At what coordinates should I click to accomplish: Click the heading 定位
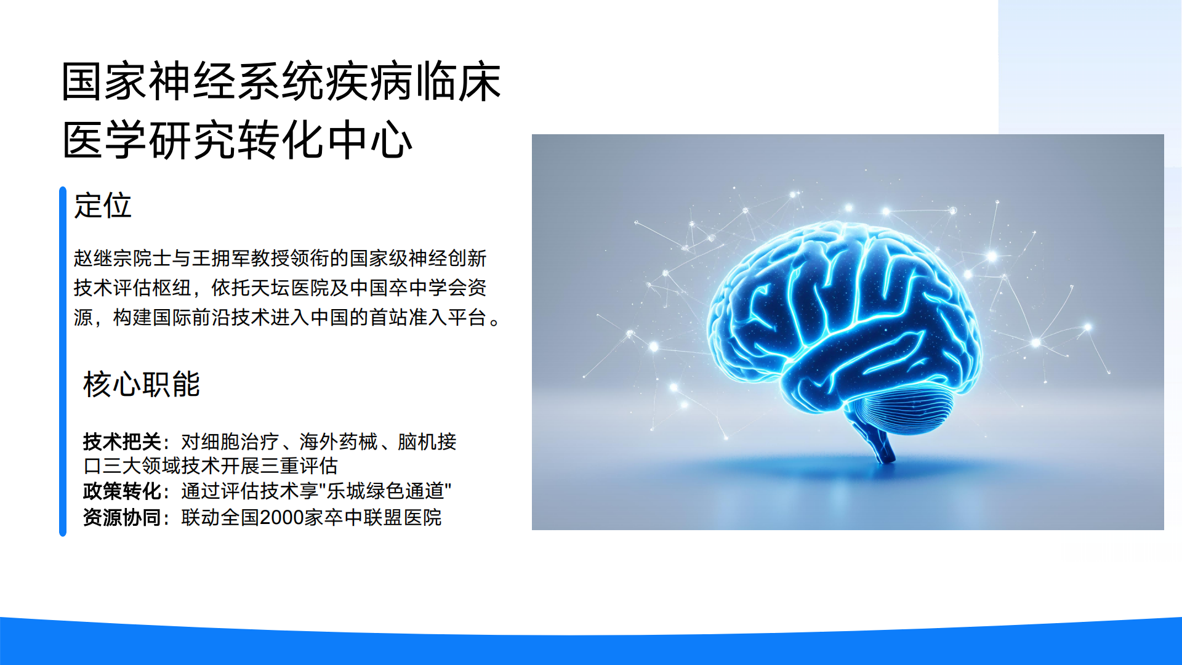[x=102, y=206]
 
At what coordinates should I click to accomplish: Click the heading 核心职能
[x=141, y=384]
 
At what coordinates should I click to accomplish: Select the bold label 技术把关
[x=122, y=441]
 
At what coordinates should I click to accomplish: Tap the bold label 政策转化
[x=122, y=491]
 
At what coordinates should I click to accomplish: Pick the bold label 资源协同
[x=122, y=517]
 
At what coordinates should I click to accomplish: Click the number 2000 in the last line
[x=281, y=517]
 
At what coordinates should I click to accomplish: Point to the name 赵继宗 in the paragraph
[x=103, y=258]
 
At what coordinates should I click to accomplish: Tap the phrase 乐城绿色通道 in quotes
[x=385, y=491]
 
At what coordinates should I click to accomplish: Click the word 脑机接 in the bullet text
[x=427, y=441]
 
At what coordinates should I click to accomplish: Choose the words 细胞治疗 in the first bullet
[x=240, y=441]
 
